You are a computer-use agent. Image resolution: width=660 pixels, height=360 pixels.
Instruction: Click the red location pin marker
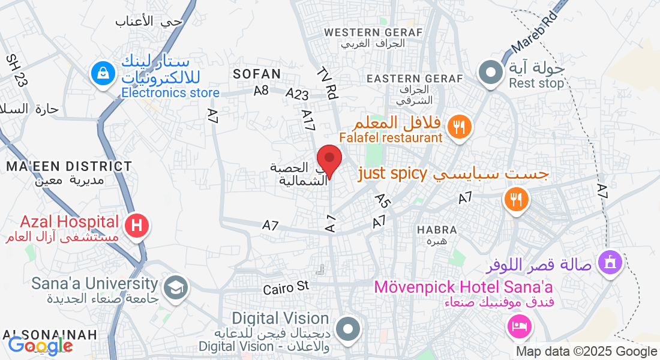(x=329, y=160)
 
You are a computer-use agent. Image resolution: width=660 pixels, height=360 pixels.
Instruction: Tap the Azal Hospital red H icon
(x=137, y=226)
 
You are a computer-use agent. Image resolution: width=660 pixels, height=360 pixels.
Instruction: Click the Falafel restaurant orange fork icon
(x=460, y=126)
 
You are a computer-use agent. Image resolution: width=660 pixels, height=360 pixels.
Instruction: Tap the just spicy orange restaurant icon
(x=515, y=197)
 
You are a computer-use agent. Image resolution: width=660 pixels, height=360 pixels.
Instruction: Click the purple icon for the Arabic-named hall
(x=610, y=263)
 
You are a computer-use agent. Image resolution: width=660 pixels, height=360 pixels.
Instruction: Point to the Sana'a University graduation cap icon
(x=175, y=287)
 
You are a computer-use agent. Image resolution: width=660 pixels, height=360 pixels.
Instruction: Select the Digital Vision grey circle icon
(x=347, y=329)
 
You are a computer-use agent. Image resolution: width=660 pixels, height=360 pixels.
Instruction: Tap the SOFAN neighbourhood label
(x=257, y=74)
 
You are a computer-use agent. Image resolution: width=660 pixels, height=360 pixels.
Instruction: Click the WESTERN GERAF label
(x=373, y=32)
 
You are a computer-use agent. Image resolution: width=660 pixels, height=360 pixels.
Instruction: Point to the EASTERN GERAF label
(x=415, y=79)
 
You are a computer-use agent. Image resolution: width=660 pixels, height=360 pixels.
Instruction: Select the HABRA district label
(x=437, y=230)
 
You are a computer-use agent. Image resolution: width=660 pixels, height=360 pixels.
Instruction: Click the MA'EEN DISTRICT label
(x=69, y=166)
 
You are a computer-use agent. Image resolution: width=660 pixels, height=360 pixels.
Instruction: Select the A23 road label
(x=297, y=94)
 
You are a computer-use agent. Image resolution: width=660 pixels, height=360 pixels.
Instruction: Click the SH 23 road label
(x=16, y=70)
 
